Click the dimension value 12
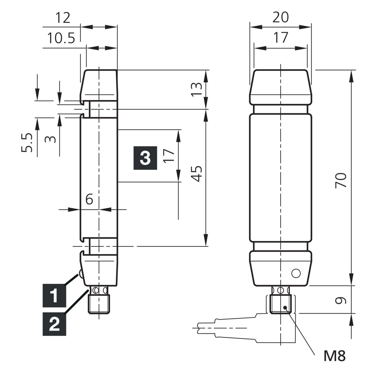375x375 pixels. pos(63,18)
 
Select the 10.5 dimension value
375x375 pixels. pos(61,38)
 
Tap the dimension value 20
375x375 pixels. pos(280,17)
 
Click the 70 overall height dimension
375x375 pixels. pos(341,180)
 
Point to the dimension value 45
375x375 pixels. pos(196,174)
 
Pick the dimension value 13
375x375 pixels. pos(196,89)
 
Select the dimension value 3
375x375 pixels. pos(50,139)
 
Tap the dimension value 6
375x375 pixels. pos(89,199)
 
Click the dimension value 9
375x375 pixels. pos(341,300)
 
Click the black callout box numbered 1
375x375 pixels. pos(54,296)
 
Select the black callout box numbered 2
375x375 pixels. pos(54,324)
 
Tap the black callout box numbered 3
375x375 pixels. pos(145,158)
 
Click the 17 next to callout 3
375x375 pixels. pos(168,156)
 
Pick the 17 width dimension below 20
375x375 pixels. pos(280,37)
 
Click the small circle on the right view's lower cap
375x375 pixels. pos(296,273)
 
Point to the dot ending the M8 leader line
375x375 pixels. pos(285,307)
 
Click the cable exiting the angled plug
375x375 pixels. pos(206,328)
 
